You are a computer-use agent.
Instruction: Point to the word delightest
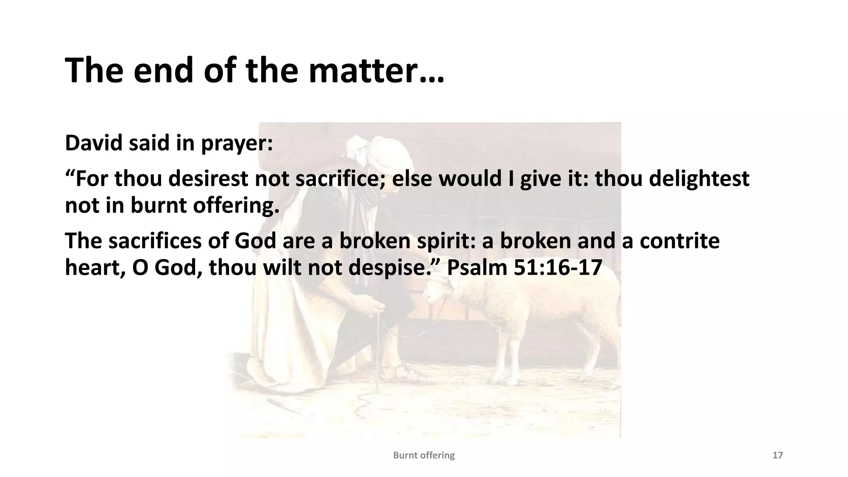coord(699,179)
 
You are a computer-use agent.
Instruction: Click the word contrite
coord(679,241)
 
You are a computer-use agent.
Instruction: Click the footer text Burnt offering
coord(424,455)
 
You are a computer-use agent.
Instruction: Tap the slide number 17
coord(778,455)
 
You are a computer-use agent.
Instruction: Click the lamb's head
coord(439,292)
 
